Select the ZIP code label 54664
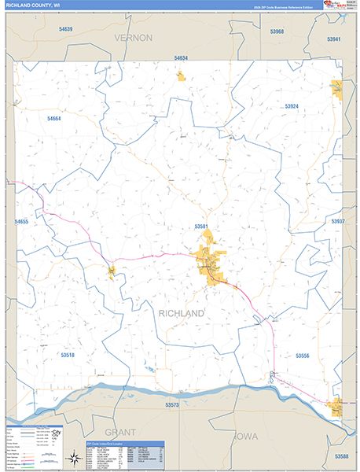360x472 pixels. coord(53,118)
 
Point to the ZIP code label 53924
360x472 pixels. coord(292,105)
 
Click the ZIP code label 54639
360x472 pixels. coord(65,29)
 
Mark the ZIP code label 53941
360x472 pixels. coord(334,39)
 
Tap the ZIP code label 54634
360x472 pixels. coord(181,59)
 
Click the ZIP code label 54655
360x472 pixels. coord(21,223)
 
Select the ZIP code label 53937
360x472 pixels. coord(338,222)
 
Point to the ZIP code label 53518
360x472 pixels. coord(68,355)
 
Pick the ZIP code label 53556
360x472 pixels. coord(304,356)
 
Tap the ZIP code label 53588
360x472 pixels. coord(341,456)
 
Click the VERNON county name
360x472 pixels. coord(132,37)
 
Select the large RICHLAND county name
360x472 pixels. coord(182,313)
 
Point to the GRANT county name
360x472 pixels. coord(121,432)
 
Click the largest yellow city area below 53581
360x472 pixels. coord(209,262)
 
